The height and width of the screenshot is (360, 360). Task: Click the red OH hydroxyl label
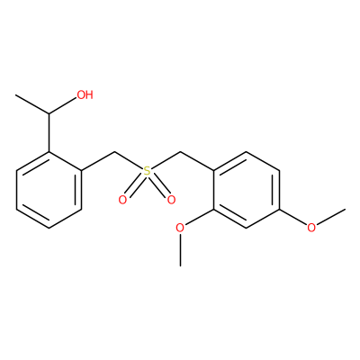point(85,94)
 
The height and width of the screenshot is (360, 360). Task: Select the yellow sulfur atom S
point(147,171)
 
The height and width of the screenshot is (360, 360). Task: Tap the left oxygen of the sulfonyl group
point(122,200)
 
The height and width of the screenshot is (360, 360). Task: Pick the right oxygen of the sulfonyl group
point(171,200)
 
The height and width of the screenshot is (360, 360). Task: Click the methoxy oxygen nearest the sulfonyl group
point(180,228)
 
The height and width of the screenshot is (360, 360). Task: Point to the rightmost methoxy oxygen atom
point(311,228)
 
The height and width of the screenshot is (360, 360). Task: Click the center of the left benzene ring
point(49,190)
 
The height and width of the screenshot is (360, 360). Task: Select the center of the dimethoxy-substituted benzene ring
point(246,190)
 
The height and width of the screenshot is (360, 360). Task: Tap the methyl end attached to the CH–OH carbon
point(16,95)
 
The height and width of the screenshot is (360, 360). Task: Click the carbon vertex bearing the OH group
point(49,114)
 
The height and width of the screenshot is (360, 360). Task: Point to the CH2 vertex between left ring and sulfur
point(114,152)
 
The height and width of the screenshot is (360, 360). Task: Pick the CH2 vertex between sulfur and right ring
point(180,152)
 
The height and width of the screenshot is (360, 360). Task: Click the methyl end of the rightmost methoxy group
point(345,209)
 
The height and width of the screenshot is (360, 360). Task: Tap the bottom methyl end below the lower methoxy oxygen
point(180,265)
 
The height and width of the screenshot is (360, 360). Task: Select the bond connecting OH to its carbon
point(62,106)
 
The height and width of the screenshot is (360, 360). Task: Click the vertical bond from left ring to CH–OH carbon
point(49,133)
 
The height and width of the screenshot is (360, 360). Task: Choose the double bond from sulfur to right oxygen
point(159,184)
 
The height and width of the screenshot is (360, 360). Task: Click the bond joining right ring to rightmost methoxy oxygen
point(293,217)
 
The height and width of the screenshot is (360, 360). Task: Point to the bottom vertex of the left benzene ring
point(49,228)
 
